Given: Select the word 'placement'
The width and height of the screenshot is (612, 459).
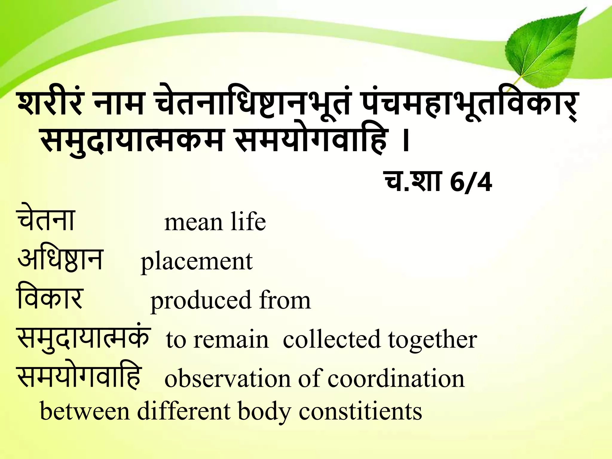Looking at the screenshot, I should (197, 262).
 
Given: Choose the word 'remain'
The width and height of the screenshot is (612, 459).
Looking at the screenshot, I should (231, 339).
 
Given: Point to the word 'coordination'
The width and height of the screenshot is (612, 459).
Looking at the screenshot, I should (396, 379).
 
